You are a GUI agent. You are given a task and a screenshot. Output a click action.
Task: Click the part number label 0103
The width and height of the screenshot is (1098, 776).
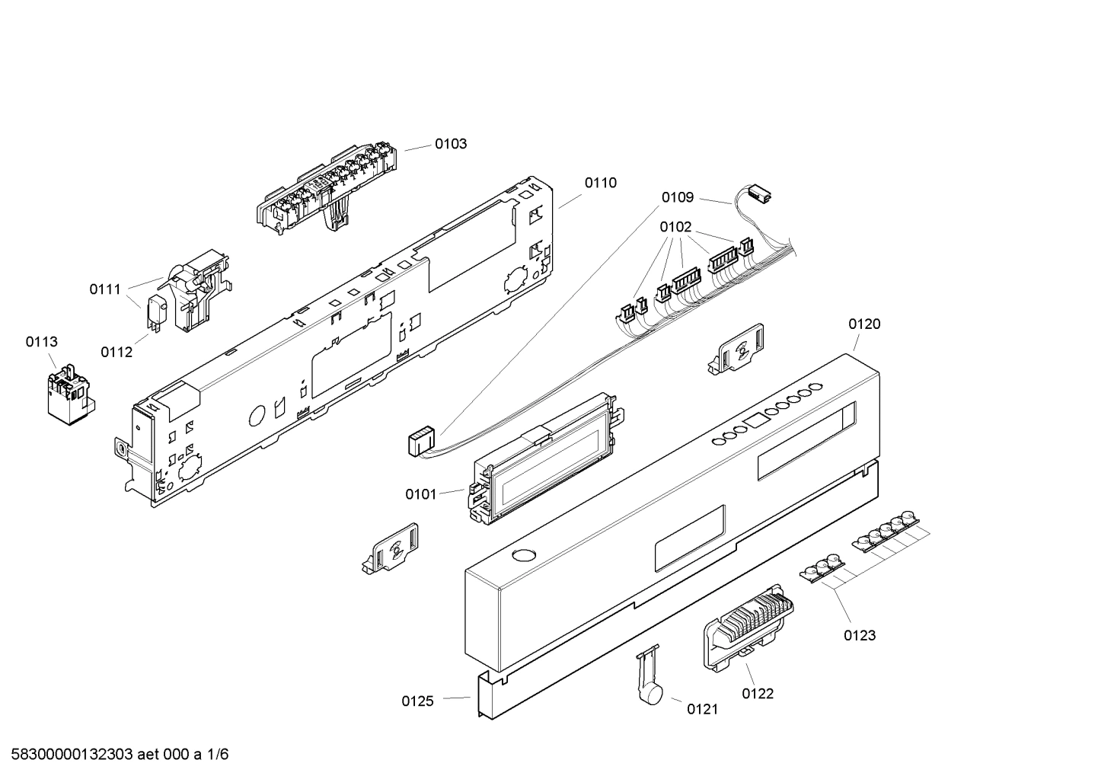[451, 144]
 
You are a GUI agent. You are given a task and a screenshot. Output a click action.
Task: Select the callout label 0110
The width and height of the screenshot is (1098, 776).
[600, 183]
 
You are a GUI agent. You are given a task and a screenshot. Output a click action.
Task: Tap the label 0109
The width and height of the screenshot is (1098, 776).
[677, 198]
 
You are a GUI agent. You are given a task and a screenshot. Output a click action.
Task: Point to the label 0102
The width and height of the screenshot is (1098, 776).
[675, 227]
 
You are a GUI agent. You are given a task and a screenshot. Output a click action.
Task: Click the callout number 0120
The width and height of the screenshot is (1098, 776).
[864, 324]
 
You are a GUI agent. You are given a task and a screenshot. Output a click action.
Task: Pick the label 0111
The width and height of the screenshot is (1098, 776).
[105, 289]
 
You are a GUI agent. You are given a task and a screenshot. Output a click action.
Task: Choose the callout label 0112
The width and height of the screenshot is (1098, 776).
[117, 352]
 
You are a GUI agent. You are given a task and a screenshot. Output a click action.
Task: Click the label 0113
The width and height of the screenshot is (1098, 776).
[41, 342]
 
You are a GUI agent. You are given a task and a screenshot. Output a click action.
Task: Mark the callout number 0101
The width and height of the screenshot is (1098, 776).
[420, 495]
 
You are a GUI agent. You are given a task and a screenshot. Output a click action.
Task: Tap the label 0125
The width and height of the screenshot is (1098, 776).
[417, 701]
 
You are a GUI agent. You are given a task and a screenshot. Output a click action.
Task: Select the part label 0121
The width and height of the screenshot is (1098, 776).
[702, 710]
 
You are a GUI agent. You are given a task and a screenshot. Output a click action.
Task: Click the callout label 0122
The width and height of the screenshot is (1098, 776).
[758, 693]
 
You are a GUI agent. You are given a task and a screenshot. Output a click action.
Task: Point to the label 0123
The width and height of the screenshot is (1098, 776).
[859, 635]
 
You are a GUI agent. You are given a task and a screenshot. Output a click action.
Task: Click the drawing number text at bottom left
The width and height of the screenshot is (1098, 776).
[115, 755]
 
